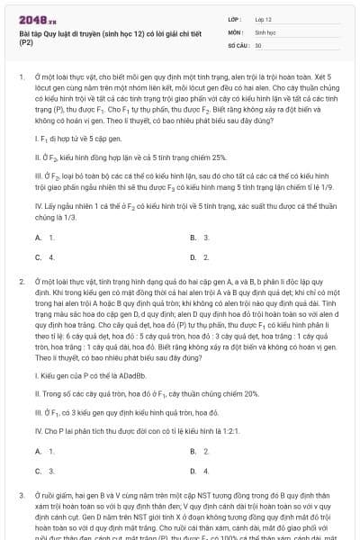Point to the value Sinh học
coord(265,31)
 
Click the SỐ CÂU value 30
coord(258,44)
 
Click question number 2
coord(21,282)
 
